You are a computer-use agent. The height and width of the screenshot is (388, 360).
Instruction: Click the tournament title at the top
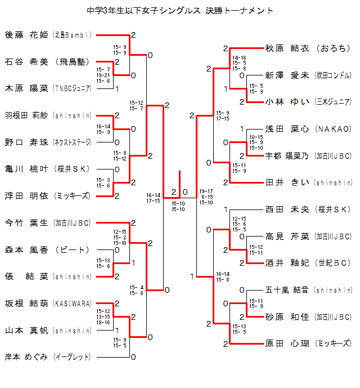click(181, 11)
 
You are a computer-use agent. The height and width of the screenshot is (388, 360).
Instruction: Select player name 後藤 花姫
click(28, 35)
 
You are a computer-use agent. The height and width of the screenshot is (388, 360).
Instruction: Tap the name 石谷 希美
click(28, 62)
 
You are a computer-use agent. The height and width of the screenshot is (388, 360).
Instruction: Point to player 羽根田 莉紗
click(28, 115)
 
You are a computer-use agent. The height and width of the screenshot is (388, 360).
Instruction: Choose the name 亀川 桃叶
click(28, 169)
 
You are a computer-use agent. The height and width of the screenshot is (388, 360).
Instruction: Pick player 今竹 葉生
click(28, 223)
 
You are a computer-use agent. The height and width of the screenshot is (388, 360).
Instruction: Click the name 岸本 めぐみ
click(28, 357)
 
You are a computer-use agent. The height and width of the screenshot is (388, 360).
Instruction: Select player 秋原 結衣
click(287, 48)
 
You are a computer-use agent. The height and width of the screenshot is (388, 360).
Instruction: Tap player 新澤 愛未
click(287, 75)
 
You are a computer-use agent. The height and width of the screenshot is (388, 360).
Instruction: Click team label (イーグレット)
click(73, 357)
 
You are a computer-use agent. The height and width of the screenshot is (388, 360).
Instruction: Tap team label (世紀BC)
click(334, 263)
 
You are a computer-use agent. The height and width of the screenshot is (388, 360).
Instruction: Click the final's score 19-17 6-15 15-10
click(206, 197)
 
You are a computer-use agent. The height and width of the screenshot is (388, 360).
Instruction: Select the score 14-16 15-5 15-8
click(239, 63)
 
